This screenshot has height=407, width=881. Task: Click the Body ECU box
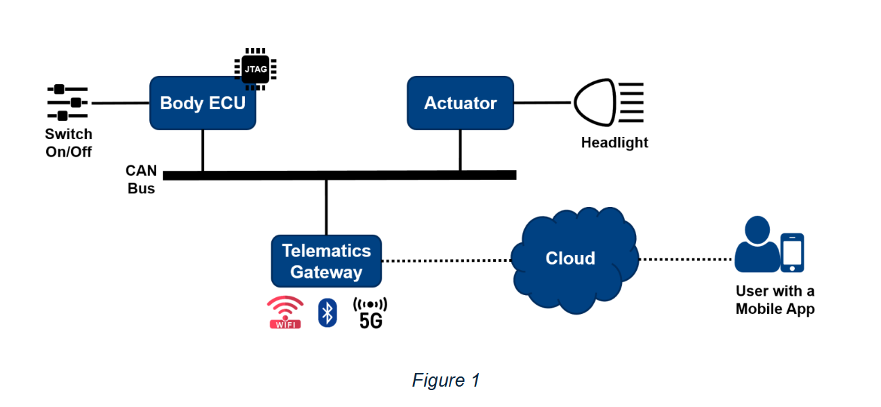[x=202, y=103]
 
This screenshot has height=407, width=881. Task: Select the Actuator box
[x=460, y=103]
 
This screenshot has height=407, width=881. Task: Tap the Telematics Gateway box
[x=326, y=261]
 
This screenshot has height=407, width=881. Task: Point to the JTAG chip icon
[x=255, y=69]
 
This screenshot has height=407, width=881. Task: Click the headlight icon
[x=608, y=103]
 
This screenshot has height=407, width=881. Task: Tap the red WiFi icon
[x=286, y=312]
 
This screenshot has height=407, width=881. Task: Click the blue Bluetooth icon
[x=328, y=312]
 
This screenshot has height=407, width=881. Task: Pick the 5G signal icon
[x=370, y=313]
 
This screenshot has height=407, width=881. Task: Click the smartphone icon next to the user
[x=791, y=252]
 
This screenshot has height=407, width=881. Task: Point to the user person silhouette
[x=756, y=246]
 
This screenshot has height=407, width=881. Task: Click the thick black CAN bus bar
[x=339, y=175]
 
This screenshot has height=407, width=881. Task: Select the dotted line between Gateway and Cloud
[x=446, y=260]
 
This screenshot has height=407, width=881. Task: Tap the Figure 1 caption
[x=446, y=381]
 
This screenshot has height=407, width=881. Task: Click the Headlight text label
[x=614, y=142]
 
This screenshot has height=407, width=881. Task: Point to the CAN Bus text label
[x=141, y=179]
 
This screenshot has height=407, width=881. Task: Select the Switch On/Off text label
[x=68, y=142]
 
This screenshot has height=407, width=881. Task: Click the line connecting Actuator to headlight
[x=543, y=103]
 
